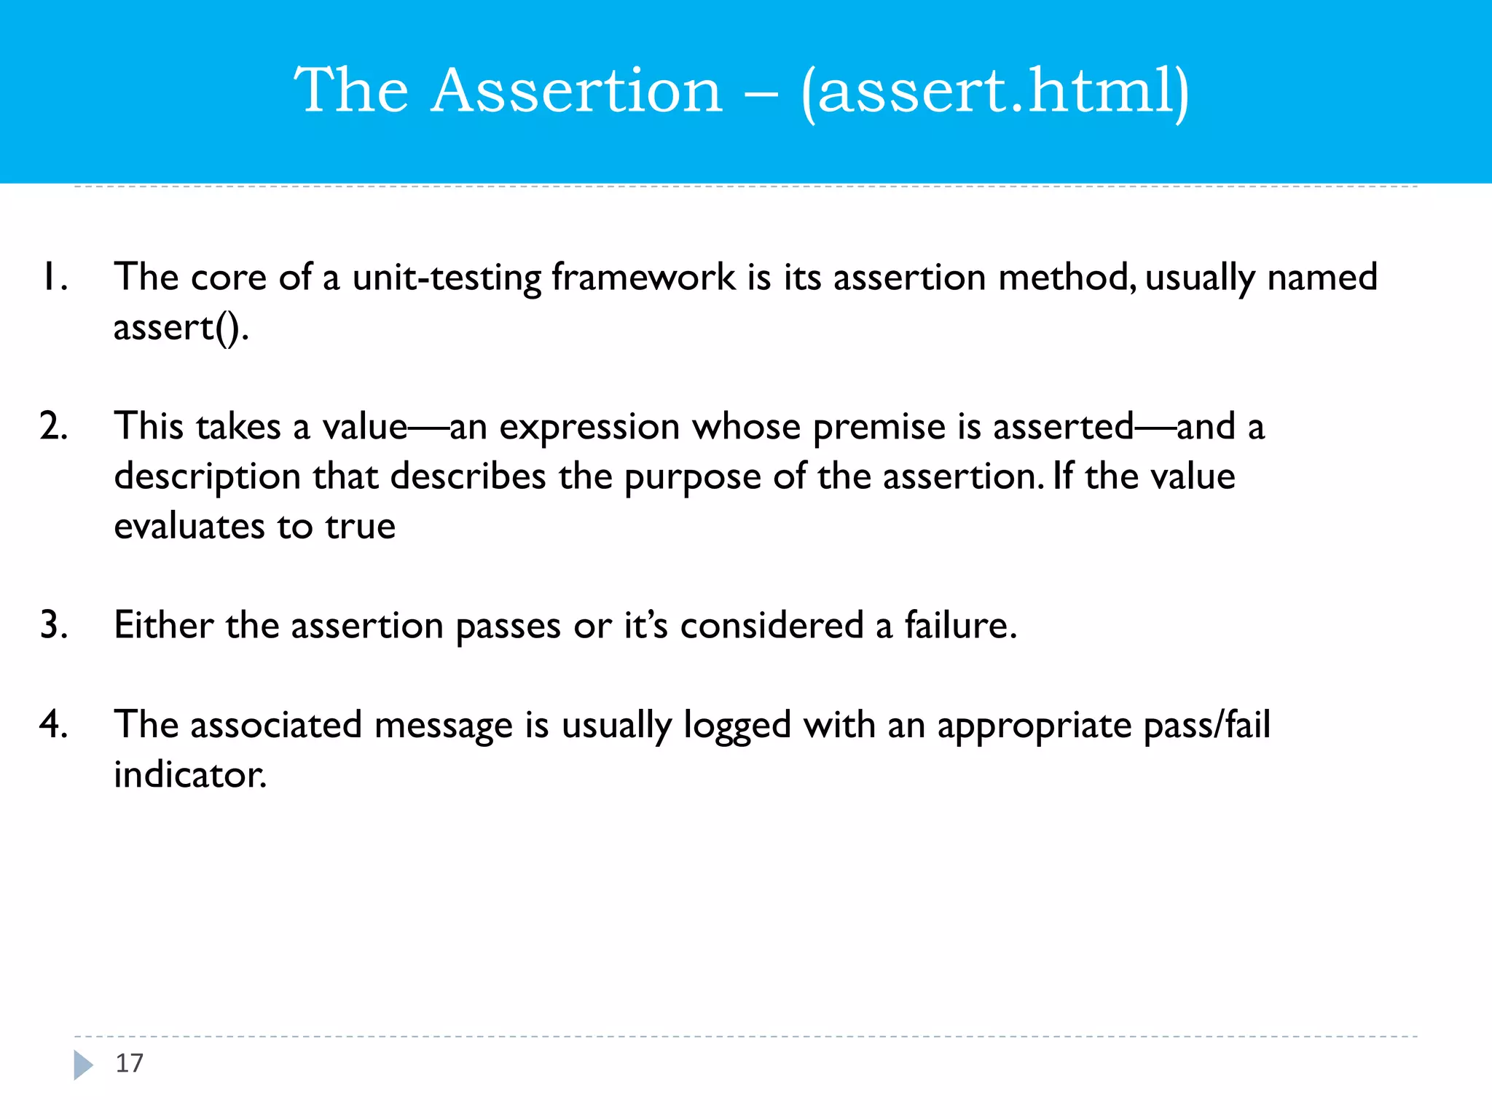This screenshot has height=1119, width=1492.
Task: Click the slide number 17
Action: click(x=130, y=1063)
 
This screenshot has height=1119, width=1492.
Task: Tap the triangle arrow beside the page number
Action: click(x=83, y=1064)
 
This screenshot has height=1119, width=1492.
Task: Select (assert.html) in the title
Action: click(x=994, y=92)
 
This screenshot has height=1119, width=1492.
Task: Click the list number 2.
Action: click(x=54, y=426)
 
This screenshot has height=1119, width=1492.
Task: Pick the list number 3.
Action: click(x=54, y=625)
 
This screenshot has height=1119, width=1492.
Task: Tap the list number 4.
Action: click(x=54, y=724)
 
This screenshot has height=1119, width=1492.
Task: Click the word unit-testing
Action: click(x=447, y=278)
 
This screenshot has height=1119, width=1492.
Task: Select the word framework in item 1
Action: click(x=643, y=278)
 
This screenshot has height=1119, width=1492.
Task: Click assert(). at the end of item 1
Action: click(x=181, y=327)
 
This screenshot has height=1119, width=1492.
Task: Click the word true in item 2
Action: click(x=360, y=526)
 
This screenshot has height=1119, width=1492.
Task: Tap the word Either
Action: click(x=164, y=625)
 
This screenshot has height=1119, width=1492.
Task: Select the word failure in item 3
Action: click(x=960, y=625)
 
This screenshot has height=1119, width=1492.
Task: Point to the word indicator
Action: click(x=190, y=774)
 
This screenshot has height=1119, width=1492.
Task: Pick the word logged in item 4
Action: click(x=737, y=726)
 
